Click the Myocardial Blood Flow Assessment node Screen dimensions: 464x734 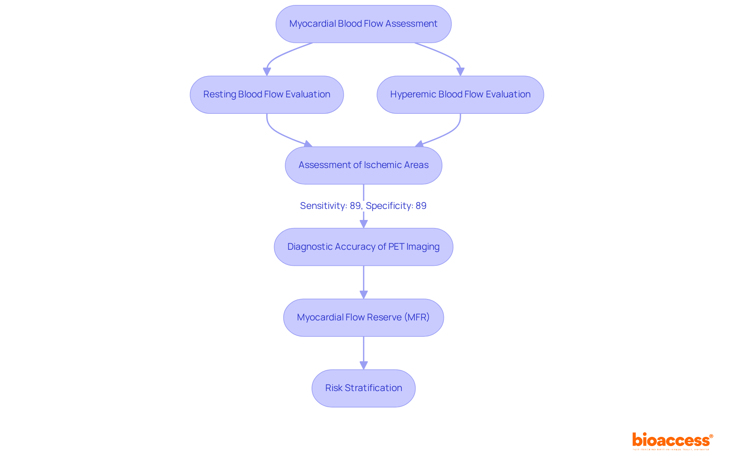click(363, 24)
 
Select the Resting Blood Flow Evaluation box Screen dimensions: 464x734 click(266, 94)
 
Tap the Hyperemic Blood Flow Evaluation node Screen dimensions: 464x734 click(460, 94)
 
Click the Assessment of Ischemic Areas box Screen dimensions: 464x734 click(363, 165)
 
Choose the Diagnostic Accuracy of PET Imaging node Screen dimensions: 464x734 click(363, 247)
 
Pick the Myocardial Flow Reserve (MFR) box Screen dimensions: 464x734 click(363, 317)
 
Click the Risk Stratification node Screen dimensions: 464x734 click(363, 388)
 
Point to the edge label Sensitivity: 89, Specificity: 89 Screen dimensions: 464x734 click(363, 206)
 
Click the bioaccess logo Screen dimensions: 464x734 click(672, 441)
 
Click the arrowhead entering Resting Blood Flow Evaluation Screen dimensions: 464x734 click(267, 72)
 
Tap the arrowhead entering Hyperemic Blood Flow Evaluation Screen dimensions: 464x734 click(460, 72)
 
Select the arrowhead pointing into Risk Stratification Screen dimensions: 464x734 click(364, 365)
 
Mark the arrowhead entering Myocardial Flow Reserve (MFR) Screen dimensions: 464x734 click(364, 295)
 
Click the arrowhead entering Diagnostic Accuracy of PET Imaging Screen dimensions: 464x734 click(364, 224)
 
